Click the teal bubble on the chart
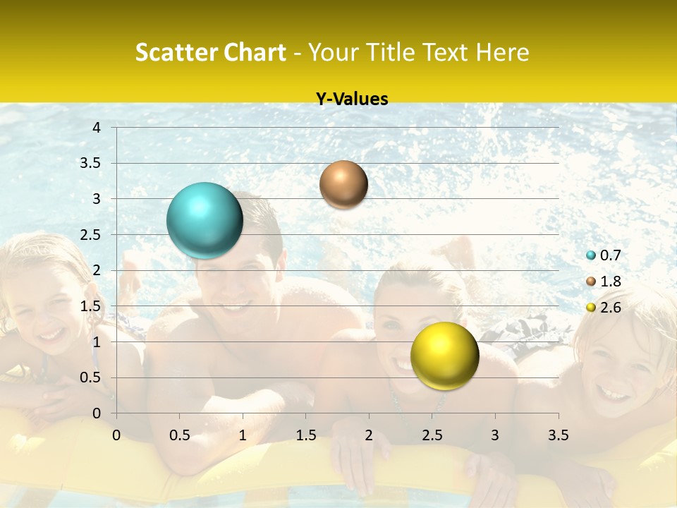pyautogui.click(x=205, y=220)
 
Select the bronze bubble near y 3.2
pyautogui.click(x=343, y=184)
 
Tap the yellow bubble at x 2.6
pyautogui.click(x=444, y=356)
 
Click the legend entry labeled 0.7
pyautogui.click(x=604, y=255)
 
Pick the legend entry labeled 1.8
pyautogui.click(x=604, y=282)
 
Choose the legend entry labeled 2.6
pyautogui.click(x=604, y=307)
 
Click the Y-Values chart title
pyautogui.click(x=351, y=99)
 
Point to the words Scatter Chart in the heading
pyautogui.click(x=210, y=52)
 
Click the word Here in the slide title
pyautogui.click(x=502, y=52)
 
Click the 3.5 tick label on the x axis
pyautogui.click(x=558, y=435)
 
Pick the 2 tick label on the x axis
pyautogui.click(x=369, y=435)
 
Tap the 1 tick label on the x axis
pyautogui.click(x=243, y=435)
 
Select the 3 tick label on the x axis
pyautogui.click(x=495, y=435)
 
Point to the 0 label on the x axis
pyautogui.click(x=116, y=435)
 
